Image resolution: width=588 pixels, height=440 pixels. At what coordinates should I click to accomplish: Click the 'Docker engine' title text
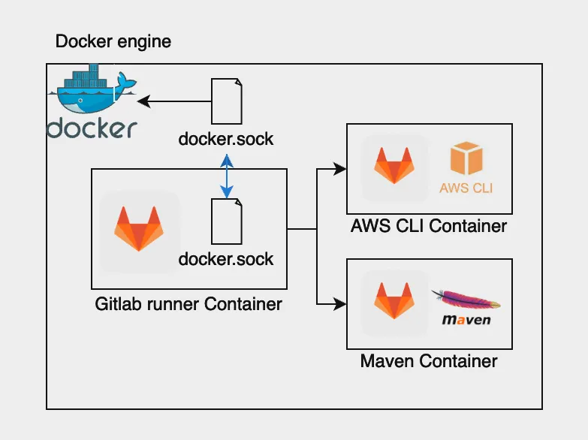[113, 41]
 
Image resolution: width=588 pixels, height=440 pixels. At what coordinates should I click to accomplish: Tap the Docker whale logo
[92, 89]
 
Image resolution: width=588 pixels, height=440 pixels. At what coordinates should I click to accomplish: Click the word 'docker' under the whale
[92, 128]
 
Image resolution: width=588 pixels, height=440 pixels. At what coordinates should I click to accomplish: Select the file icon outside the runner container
[227, 101]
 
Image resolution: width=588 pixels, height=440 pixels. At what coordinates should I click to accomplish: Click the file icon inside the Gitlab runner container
[227, 222]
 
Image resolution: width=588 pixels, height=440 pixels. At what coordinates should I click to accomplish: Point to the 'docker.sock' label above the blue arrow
[226, 139]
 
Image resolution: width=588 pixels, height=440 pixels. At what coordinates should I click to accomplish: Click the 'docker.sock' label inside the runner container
[226, 259]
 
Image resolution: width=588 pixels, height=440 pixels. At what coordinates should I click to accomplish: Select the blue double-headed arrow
[227, 176]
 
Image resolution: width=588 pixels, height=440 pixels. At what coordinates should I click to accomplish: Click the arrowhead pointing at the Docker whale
[144, 101]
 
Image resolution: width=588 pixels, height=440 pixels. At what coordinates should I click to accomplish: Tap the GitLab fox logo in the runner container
[139, 228]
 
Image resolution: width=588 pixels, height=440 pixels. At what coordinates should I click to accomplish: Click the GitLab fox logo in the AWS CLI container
[394, 165]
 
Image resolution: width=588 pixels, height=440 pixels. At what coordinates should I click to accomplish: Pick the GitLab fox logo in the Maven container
[394, 300]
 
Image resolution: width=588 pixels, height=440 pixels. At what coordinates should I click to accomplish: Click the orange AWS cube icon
[466, 158]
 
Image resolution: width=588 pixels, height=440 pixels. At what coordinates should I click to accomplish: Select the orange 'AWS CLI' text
[466, 188]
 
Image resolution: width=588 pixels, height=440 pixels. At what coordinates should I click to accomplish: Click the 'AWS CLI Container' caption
[429, 226]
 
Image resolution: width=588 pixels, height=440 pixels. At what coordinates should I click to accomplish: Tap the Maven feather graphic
[466, 300]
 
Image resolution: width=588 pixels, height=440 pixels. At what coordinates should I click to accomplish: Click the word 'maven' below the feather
[466, 320]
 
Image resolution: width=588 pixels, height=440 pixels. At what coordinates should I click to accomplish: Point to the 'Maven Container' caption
[429, 361]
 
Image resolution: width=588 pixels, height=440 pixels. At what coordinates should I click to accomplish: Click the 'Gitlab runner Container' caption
[188, 304]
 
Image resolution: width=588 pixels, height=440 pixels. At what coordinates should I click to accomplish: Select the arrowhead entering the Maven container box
[339, 304]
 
